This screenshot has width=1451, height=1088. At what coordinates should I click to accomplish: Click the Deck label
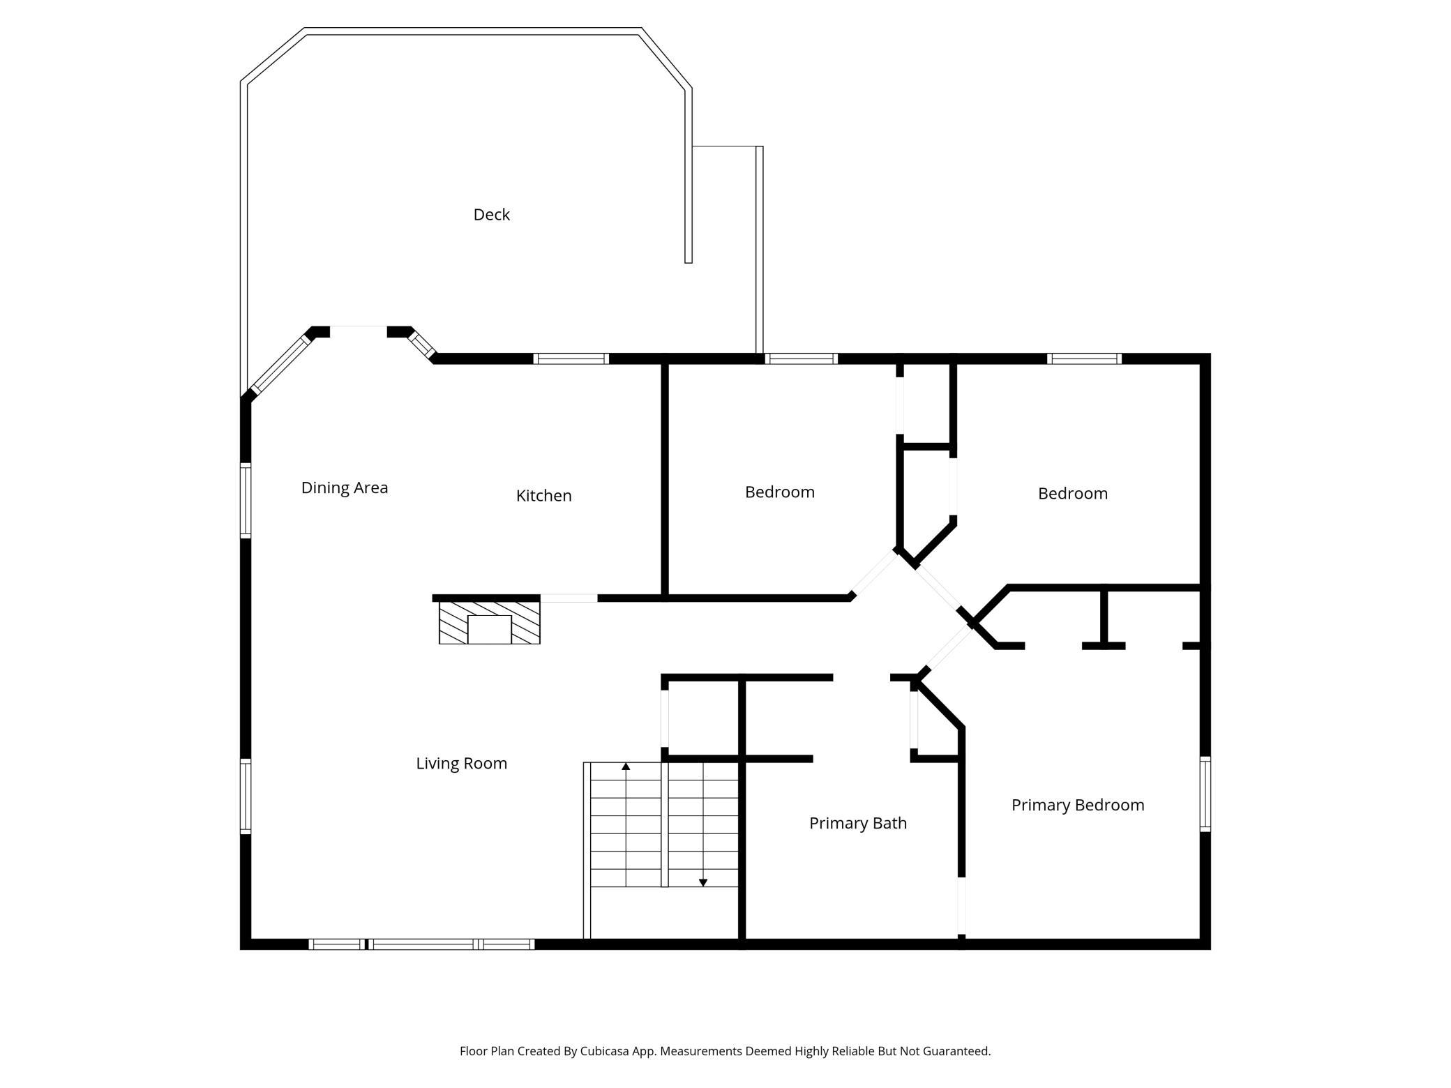pos(491,215)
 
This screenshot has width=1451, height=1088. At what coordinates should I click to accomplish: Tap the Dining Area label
pos(345,488)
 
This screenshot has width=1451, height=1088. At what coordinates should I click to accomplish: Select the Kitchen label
pos(543,496)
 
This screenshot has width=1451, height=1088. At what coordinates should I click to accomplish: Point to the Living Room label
pos(461,764)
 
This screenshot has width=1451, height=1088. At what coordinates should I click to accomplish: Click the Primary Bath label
pos(858,824)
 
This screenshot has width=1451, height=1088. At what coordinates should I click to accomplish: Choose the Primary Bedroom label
pos(1078,806)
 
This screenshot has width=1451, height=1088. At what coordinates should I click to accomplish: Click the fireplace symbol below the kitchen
pos(489,623)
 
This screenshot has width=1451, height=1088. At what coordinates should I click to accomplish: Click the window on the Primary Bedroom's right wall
pos(1205,794)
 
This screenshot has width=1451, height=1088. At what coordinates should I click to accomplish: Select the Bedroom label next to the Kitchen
pos(780,492)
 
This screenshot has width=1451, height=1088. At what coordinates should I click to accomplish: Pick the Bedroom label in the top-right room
pos(1073,494)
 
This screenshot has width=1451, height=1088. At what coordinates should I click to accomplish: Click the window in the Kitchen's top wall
pos(571,358)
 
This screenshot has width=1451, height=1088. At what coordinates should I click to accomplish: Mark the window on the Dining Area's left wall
pos(246,501)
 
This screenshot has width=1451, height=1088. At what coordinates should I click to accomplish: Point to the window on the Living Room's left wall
pos(246,796)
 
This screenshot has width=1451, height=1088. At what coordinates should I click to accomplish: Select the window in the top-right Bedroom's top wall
pos(1084,358)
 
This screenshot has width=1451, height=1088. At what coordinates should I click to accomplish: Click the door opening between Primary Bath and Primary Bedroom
pos(961,905)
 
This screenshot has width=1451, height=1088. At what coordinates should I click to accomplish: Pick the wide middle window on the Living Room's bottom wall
pos(423,944)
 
